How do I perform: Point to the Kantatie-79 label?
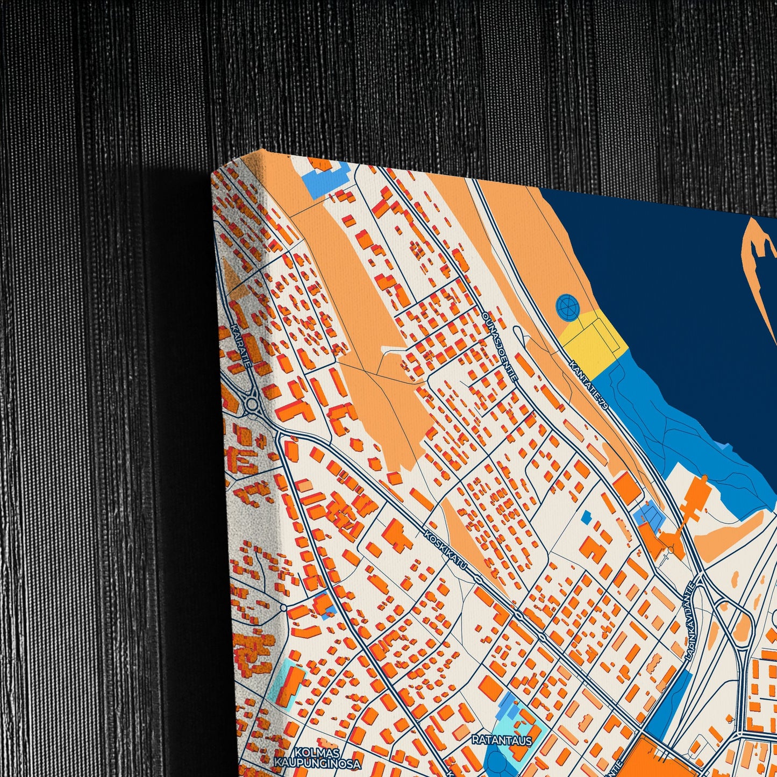point(590,386)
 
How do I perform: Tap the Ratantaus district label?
point(501,740)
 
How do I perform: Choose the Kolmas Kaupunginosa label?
point(317,757)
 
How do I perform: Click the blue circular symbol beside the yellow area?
point(568,307)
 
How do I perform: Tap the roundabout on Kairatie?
point(251,404)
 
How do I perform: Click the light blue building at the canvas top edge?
point(323,180)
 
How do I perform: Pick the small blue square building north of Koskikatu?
point(586,517)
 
